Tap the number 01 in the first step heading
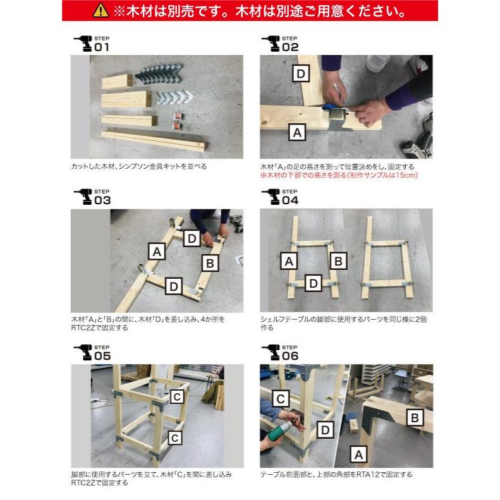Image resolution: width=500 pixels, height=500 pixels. click(x=102, y=47)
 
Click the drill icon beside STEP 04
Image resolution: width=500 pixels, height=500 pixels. click(x=270, y=197)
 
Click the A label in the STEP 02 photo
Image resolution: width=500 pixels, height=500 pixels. click(x=297, y=132)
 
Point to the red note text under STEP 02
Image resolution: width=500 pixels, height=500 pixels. click(x=339, y=175)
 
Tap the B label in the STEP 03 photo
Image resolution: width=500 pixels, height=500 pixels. click(x=211, y=262)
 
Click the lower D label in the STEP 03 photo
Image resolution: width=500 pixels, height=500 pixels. click(x=173, y=286)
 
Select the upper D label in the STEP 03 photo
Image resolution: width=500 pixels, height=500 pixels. click(x=192, y=238)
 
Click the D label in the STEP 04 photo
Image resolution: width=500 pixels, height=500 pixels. click(x=312, y=283)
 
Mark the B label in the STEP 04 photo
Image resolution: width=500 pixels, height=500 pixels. click(x=338, y=260)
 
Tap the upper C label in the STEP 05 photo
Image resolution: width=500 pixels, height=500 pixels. click(x=178, y=396)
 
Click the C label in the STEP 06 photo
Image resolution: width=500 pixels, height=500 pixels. click(x=282, y=398)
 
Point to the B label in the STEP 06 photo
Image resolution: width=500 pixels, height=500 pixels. click(x=415, y=417)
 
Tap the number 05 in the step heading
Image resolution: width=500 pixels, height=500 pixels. click(x=102, y=356)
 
